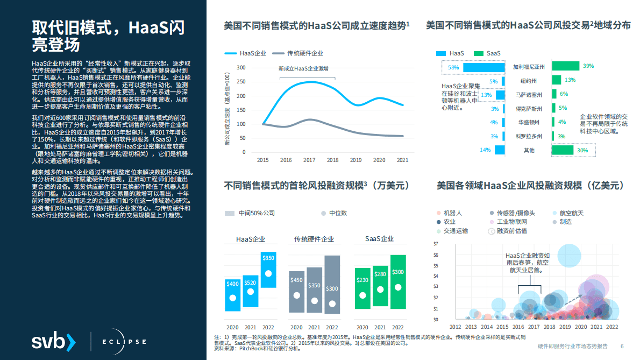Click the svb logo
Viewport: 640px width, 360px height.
tap(53, 341)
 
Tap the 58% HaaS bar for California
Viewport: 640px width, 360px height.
tap(483, 67)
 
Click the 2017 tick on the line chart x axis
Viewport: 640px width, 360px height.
tap(309, 160)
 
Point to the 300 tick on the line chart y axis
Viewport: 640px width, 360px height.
tap(241, 68)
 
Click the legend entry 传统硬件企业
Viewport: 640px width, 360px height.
tap(304, 53)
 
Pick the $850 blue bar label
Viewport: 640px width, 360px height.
tap(268, 258)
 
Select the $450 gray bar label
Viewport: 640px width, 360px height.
tap(296, 280)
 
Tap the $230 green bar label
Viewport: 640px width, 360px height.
tap(362, 280)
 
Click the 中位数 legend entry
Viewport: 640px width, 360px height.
tap(338, 213)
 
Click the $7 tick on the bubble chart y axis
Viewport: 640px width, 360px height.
tap(436, 244)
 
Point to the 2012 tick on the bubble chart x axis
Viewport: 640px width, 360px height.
tap(455, 327)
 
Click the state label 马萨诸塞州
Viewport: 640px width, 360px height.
tap(529, 95)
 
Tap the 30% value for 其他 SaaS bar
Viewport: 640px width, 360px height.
tap(582, 151)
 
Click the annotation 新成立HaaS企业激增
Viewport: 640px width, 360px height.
tap(303, 69)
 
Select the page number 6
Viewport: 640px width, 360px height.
tap(622, 346)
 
